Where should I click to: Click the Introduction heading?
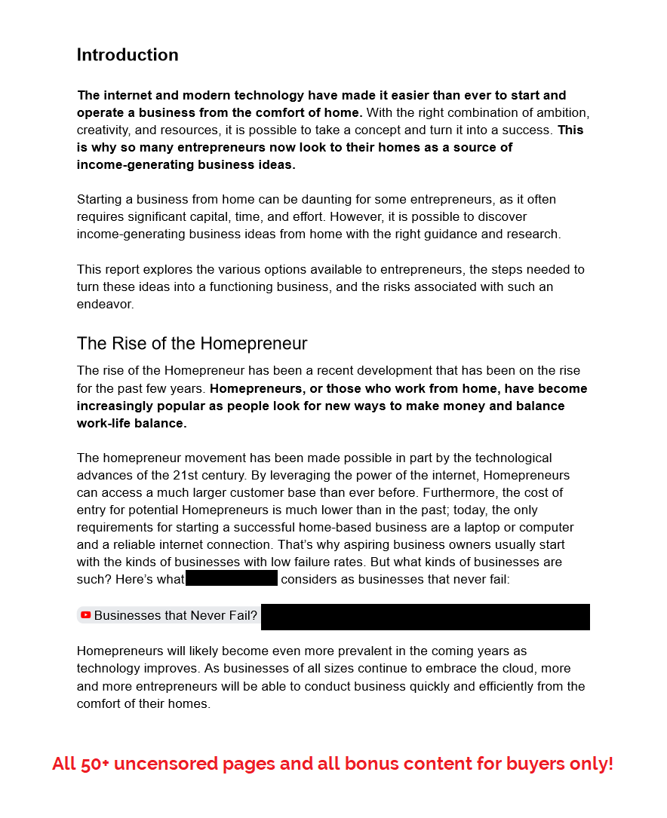tap(128, 55)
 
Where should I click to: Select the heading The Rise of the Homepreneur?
tap(192, 344)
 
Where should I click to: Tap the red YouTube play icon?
tap(86, 615)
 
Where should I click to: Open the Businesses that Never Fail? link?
tap(175, 615)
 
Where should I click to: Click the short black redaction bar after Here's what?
tap(232, 579)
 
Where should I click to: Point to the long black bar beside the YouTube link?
tap(425, 617)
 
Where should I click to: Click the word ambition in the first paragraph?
tap(561, 112)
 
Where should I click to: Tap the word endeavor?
tap(105, 304)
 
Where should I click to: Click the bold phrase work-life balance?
tap(131, 423)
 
